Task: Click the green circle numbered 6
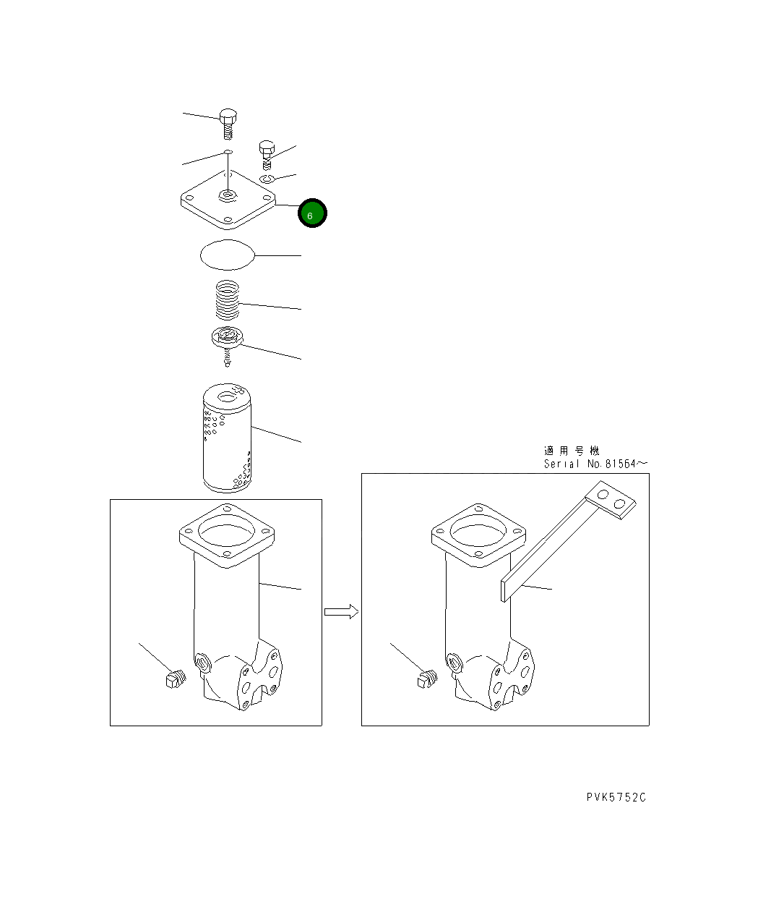click(311, 213)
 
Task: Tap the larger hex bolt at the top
click(228, 124)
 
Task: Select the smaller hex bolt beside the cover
click(267, 154)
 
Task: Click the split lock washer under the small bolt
click(267, 179)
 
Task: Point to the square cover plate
click(228, 199)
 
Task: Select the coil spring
click(228, 300)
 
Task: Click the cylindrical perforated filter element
click(227, 438)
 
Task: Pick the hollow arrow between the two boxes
click(341, 611)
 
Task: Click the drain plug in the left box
click(176, 679)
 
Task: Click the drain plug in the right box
click(427, 679)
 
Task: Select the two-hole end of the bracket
click(611, 500)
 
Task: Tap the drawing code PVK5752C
click(616, 797)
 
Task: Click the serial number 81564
click(621, 463)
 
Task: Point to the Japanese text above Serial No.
click(572, 450)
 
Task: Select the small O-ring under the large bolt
click(228, 152)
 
